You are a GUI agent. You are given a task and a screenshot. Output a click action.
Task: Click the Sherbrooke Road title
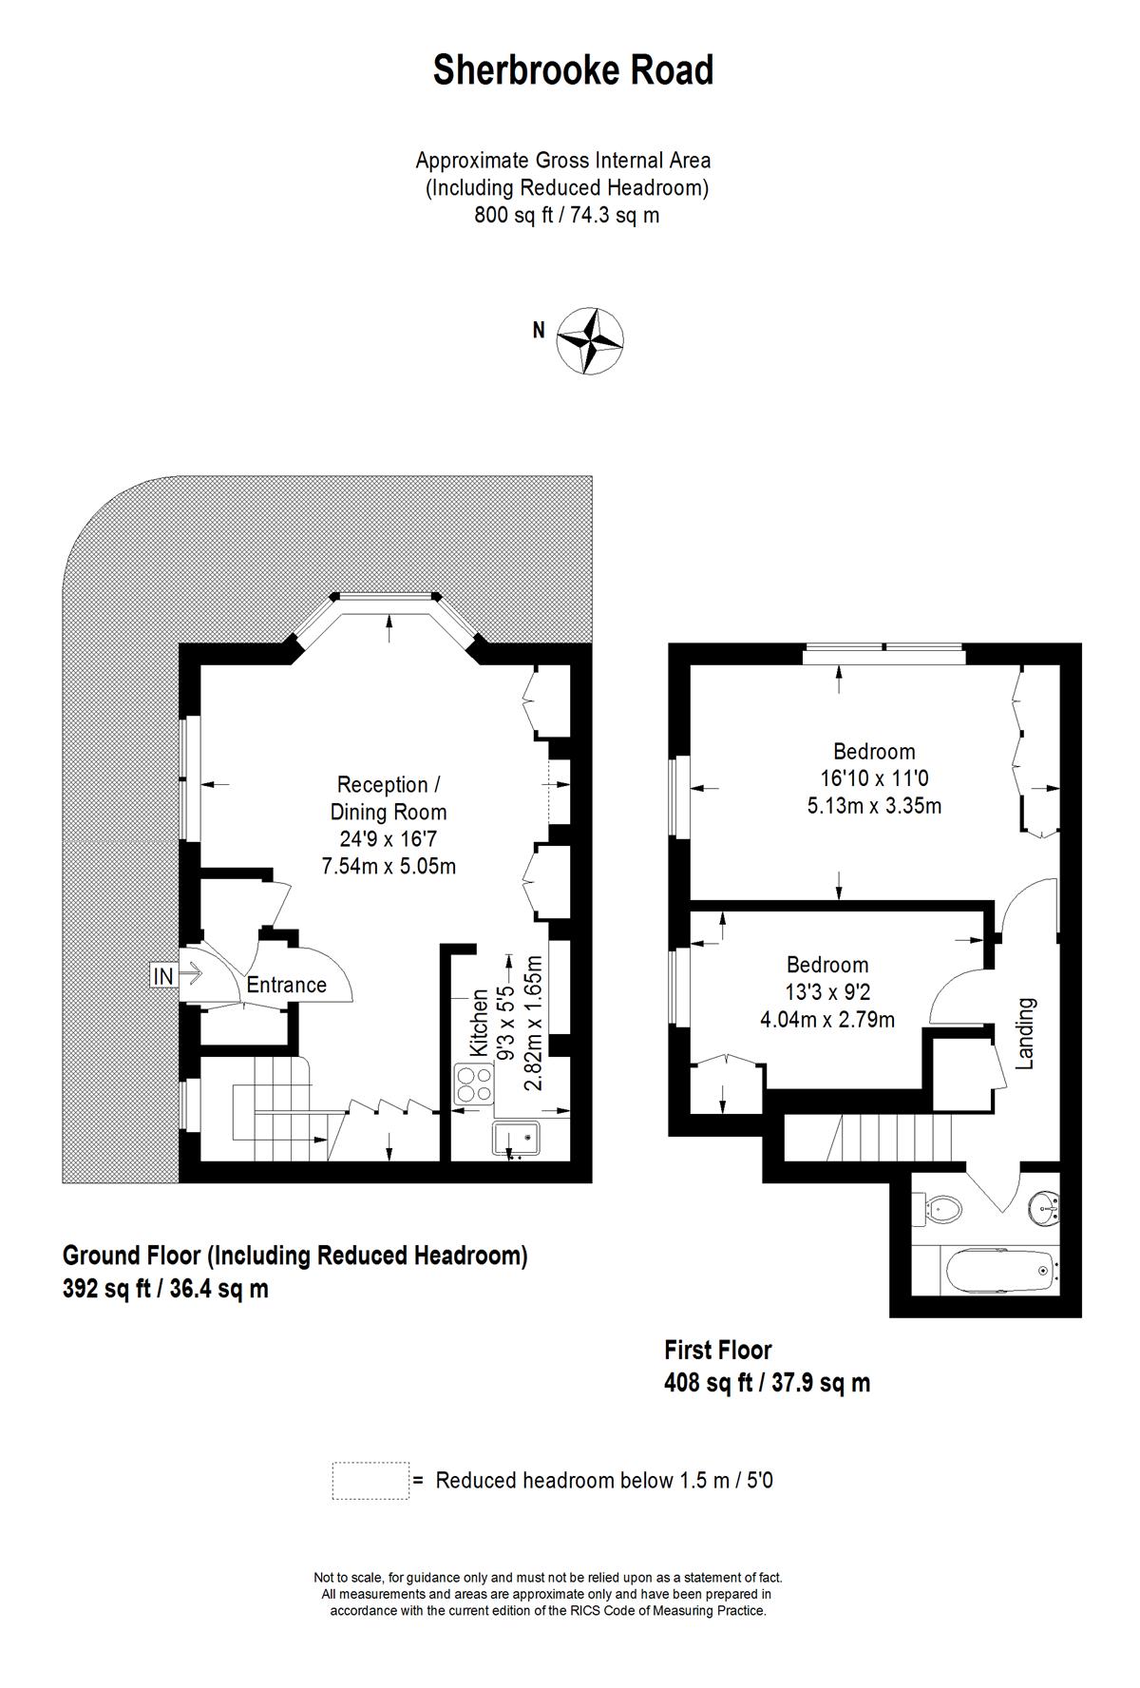(x=573, y=70)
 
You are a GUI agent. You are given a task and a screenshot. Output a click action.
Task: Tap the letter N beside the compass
(x=539, y=331)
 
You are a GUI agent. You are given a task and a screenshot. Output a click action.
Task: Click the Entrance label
(x=286, y=985)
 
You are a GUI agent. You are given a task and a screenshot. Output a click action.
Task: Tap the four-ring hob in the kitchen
(x=475, y=1084)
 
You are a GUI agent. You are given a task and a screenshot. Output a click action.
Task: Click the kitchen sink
(x=516, y=1138)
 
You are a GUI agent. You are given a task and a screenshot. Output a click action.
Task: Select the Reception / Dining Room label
(x=389, y=798)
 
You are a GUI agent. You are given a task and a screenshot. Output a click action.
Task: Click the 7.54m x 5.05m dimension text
(x=389, y=866)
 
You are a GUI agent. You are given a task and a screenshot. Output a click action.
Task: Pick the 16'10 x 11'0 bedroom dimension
(x=874, y=778)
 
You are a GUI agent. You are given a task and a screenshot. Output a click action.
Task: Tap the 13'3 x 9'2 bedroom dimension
(x=827, y=992)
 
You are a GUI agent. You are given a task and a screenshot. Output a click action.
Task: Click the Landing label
(x=1025, y=1033)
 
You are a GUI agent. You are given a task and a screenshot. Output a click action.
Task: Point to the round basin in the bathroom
(x=1044, y=1207)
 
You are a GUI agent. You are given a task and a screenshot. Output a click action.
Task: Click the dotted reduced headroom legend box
(x=370, y=1481)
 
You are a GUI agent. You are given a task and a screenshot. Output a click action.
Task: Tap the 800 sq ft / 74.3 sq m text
(x=567, y=215)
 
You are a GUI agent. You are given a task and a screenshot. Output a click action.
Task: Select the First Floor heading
(x=717, y=1350)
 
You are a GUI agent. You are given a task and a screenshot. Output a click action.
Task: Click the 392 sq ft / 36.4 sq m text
(x=165, y=1289)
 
